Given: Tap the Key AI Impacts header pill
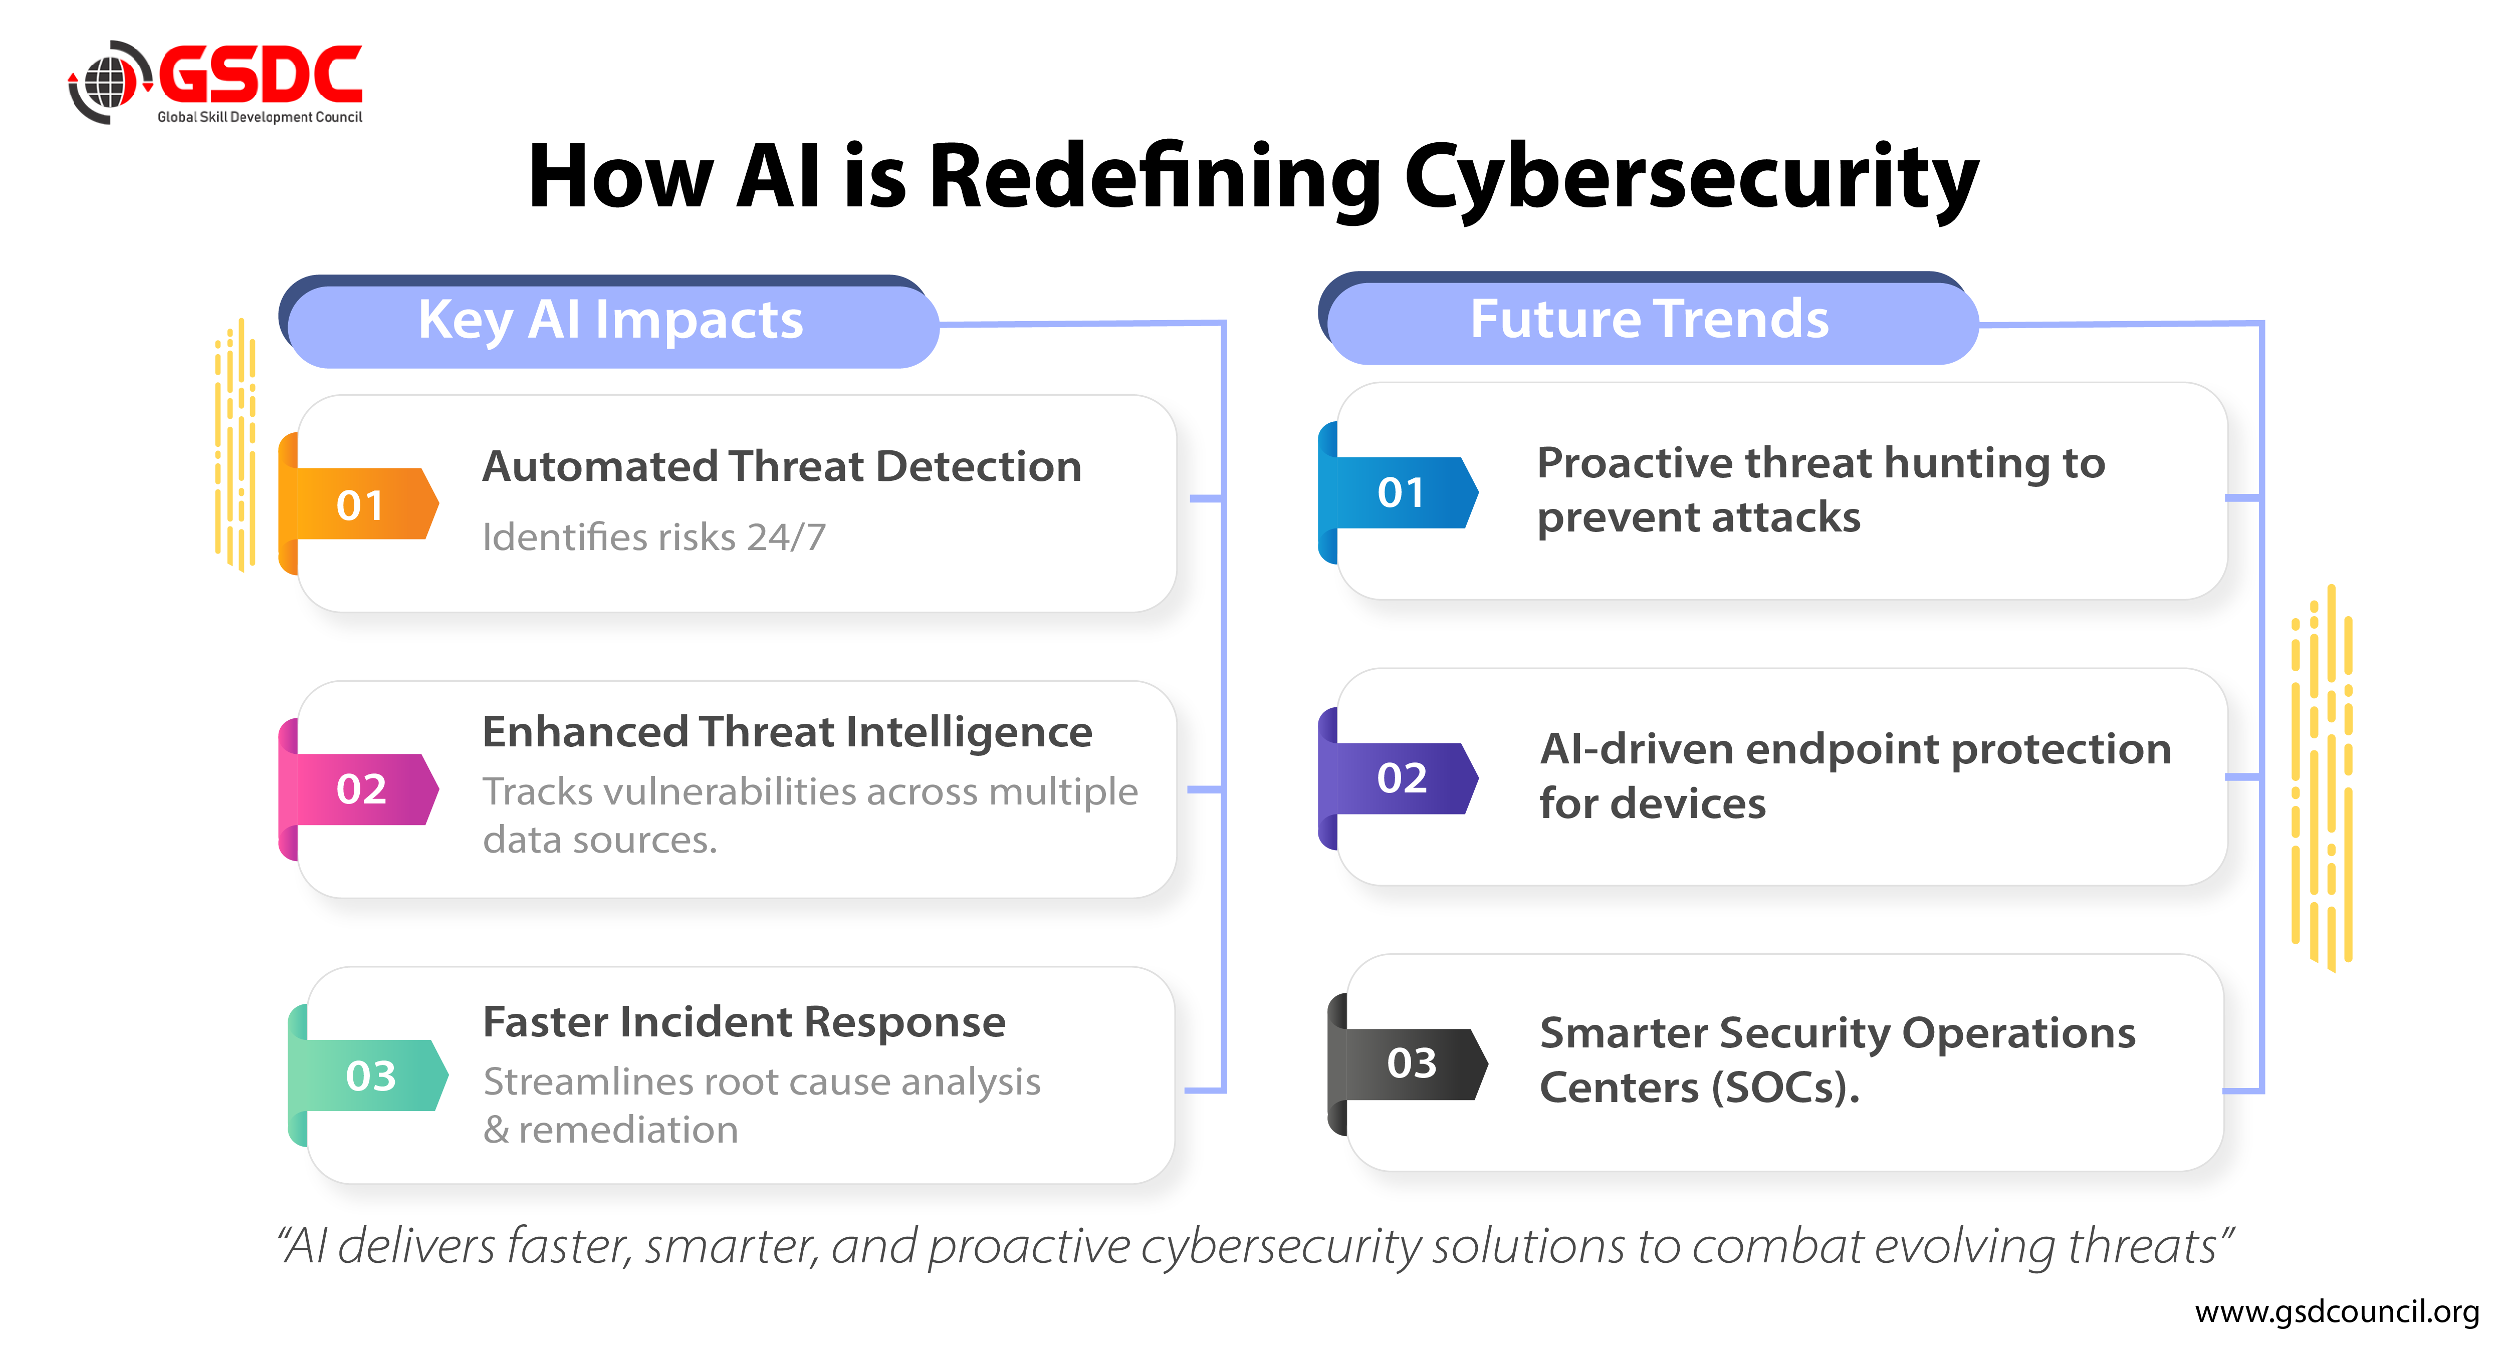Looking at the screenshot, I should (x=611, y=321).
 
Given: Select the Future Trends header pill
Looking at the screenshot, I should (x=1650, y=319).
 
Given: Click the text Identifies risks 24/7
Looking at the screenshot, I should (x=654, y=537).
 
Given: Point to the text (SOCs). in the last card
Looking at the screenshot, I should (x=1786, y=1088).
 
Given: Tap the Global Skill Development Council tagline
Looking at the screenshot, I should (x=260, y=117).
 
